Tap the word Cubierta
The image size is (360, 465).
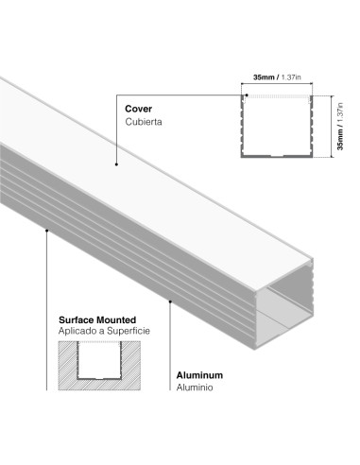144,123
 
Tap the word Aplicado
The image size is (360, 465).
77,333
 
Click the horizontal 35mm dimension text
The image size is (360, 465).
265,76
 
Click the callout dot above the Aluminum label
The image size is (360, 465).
170,301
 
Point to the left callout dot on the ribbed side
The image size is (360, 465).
46,228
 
